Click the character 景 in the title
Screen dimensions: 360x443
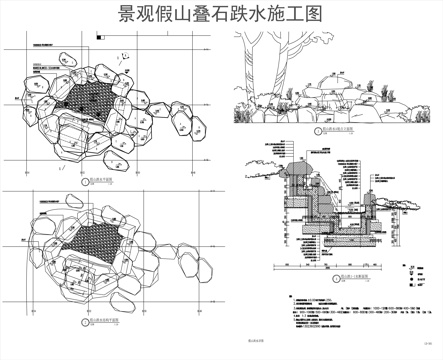click(130, 15)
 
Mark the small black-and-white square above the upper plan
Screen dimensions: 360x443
click(98, 38)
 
